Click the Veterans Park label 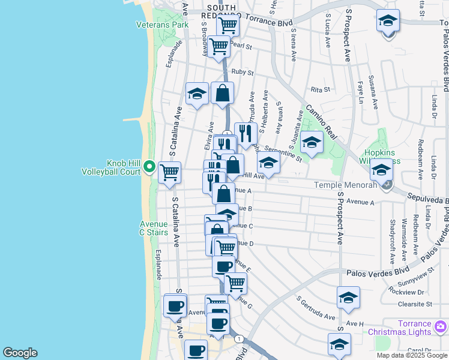click(162, 25)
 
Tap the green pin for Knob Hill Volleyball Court click(149, 167)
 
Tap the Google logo click(20, 353)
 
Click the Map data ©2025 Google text click(412, 355)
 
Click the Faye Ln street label click(360, 91)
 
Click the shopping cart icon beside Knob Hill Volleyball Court click(170, 172)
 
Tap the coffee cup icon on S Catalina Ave click(175, 305)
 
